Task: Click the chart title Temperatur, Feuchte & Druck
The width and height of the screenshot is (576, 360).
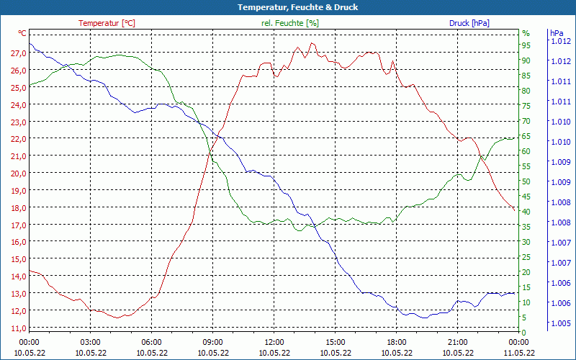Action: [288, 7]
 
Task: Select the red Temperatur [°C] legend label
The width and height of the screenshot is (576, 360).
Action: [107, 23]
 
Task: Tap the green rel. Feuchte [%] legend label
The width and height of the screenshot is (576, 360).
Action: [289, 23]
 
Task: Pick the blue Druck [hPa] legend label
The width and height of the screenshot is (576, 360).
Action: [469, 23]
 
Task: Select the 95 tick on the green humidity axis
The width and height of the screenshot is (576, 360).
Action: [526, 45]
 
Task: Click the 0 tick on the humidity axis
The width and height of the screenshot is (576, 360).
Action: [524, 332]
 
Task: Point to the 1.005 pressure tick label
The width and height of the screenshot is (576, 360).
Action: [559, 323]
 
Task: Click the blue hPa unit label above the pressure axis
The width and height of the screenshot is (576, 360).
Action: [556, 33]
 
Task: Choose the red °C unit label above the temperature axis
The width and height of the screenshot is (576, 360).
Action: [22, 33]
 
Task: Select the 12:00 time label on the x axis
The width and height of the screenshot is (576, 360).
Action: [274, 342]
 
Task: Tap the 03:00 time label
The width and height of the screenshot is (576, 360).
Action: [90, 342]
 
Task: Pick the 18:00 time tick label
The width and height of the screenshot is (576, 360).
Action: [396, 342]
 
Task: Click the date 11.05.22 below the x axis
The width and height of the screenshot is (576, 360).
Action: [518, 352]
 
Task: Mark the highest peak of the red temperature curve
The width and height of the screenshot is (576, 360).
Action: [312, 42]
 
